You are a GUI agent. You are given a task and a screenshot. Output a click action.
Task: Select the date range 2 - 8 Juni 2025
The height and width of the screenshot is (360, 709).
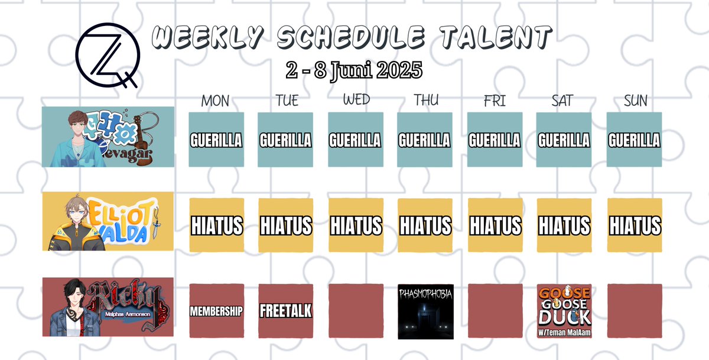tap(353, 70)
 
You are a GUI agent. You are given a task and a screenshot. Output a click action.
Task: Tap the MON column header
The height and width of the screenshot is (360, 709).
tap(215, 101)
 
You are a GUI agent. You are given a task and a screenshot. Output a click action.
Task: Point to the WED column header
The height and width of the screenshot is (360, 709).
tap(356, 100)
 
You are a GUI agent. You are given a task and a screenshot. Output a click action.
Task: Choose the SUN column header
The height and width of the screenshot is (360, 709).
tap(635, 101)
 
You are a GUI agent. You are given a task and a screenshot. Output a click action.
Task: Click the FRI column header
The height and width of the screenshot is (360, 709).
tap(495, 101)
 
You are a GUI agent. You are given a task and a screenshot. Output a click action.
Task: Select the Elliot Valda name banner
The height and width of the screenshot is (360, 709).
tap(108, 221)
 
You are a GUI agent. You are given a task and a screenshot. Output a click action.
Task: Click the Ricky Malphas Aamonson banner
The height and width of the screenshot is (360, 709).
tap(108, 307)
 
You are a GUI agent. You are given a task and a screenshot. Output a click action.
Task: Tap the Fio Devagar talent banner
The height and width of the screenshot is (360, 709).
tap(108, 137)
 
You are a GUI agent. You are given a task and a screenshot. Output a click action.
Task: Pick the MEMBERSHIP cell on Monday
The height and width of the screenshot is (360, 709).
tap(216, 311)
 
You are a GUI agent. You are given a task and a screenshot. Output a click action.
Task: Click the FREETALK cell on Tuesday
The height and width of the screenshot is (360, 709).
tap(286, 311)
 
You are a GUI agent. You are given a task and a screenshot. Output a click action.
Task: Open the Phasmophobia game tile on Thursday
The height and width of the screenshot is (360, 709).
tap(425, 311)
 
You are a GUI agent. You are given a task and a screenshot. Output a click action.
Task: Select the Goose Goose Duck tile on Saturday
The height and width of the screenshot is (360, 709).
tap(564, 311)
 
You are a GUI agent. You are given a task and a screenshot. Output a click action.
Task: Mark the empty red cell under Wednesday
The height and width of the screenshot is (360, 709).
tap(356, 311)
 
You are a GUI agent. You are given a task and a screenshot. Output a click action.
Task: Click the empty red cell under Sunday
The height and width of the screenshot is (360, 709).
tap(635, 311)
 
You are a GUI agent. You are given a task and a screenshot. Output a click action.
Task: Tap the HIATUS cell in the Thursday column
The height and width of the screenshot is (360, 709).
tap(425, 226)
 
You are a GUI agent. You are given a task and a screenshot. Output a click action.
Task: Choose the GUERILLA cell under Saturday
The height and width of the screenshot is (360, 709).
tap(564, 140)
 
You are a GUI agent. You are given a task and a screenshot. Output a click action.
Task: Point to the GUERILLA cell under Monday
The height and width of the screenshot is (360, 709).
tap(216, 140)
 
